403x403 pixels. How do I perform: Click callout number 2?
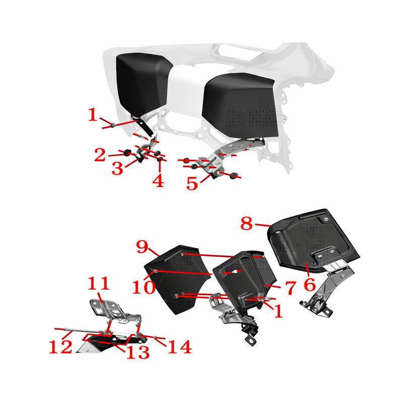pyautogui.click(x=100, y=155)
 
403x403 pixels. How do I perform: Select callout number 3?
pyautogui.click(x=117, y=169)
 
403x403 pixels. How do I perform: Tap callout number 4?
pyautogui.click(x=158, y=181)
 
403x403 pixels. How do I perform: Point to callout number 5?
pyautogui.click(x=192, y=183)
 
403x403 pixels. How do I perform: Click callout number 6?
pyautogui.click(x=310, y=284)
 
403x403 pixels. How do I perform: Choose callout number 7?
pyautogui.click(x=291, y=288)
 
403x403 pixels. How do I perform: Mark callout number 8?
pyautogui.click(x=246, y=223)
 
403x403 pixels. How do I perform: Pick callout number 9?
pyautogui.click(x=143, y=247)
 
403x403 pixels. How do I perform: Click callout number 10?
pyautogui.click(x=144, y=287)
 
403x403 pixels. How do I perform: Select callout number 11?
pyautogui.click(x=99, y=284)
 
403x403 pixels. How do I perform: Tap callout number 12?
pyautogui.click(x=60, y=347)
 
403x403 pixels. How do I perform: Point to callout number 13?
pyautogui.click(x=138, y=352)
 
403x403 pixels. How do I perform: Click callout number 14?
pyautogui.click(x=180, y=347)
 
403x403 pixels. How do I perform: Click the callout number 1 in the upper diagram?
pyautogui.click(x=93, y=115)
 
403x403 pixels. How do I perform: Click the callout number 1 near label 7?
pyautogui.click(x=279, y=311)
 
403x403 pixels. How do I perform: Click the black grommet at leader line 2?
pyautogui.click(x=127, y=153)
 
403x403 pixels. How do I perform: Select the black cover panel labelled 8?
pyautogui.click(x=313, y=240)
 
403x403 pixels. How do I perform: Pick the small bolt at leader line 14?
pyautogui.click(x=155, y=338)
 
